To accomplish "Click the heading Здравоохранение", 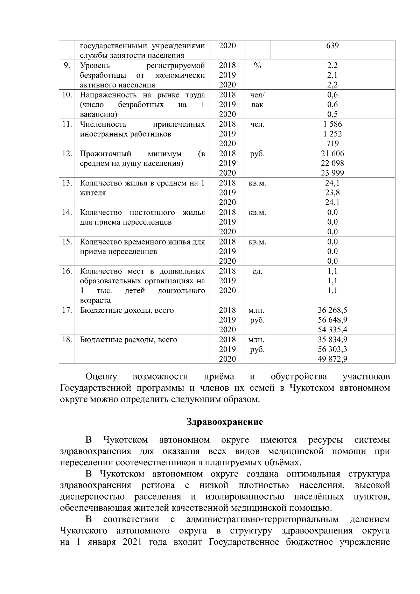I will tap(225, 422).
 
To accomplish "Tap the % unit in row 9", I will tap(257, 65).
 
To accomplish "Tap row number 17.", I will tap(67, 310).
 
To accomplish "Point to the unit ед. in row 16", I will tap(257, 271).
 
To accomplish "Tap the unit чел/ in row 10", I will tap(257, 95).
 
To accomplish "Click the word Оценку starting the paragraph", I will tap(101, 377).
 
